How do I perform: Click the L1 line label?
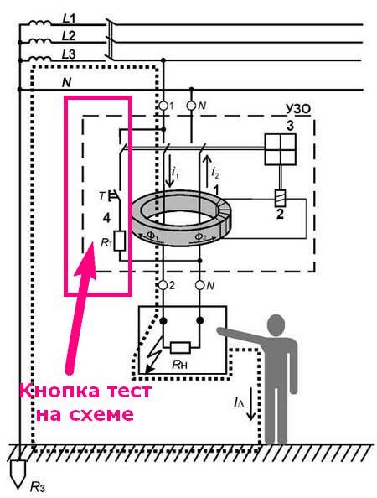[x=69, y=19]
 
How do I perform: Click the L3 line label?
[x=69, y=54]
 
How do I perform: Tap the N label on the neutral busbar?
[x=67, y=83]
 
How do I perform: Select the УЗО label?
[x=297, y=109]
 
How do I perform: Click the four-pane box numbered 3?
[x=281, y=149]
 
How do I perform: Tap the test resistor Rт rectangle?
[x=120, y=241]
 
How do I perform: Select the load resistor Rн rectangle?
[x=181, y=348]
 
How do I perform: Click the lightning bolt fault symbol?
[x=153, y=360]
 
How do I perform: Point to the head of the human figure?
[x=276, y=325]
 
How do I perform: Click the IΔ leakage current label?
[x=239, y=403]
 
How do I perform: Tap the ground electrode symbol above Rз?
[x=18, y=473]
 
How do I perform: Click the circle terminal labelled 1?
[x=163, y=106]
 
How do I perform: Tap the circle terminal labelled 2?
[x=163, y=285]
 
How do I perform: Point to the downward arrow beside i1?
[x=169, y=170]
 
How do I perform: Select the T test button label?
[x=101, y=196]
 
